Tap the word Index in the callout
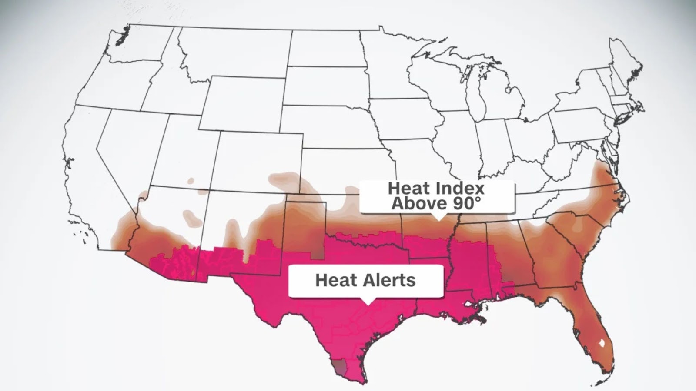(x=459, y=189)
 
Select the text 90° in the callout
(x=466, y=203)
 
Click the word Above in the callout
(x=417, y=203)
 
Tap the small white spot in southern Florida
(x=602, y=343)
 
